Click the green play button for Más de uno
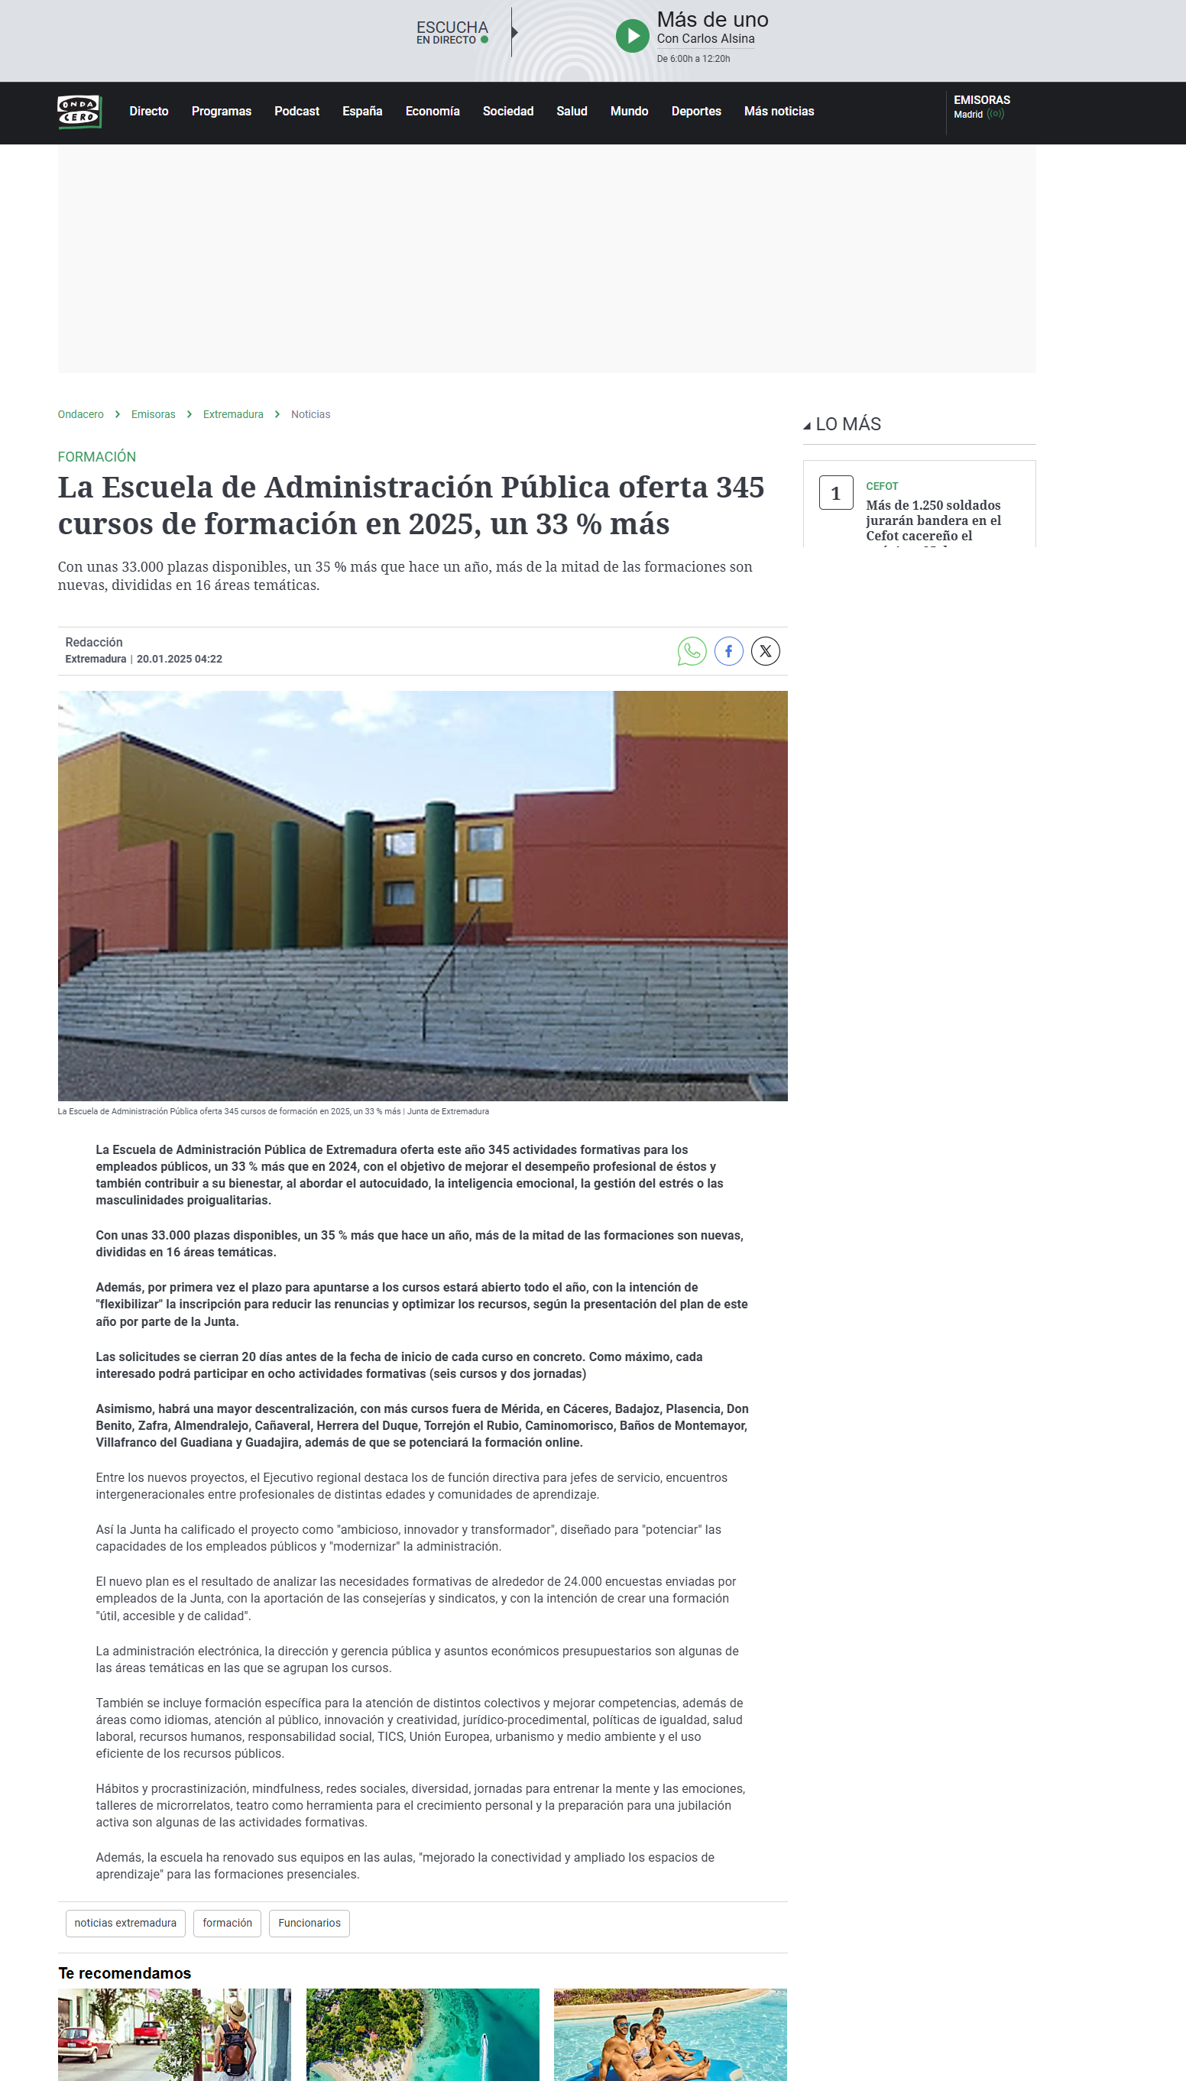point(632,36)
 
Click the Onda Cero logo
point(79,112)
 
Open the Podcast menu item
point(296,112)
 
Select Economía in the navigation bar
point(432,112)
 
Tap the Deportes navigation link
point(695,112)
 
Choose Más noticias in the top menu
point(779,112)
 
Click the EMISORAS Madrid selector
point(980,107)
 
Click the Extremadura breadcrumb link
point(233,414)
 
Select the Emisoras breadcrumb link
point(153,414)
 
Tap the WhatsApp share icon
point(692,651)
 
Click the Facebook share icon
point(728,651)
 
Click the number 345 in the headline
point(740,487)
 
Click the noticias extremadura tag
point(125,1923)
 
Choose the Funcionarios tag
point(309,1923)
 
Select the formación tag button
point(227,1923)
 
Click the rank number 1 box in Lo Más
point(836,493)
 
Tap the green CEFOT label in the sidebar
point(881,486)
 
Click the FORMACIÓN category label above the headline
point(97,457)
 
